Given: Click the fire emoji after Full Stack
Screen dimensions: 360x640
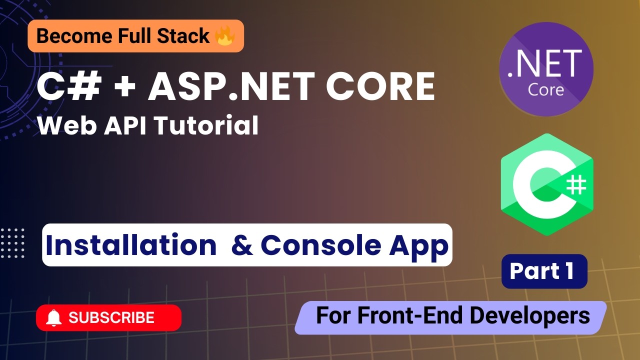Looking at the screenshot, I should (x=224, y=36).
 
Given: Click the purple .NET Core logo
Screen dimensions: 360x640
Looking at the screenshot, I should (x=546, y=69).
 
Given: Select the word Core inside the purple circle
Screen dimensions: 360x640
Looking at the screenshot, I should (x=546, y=89).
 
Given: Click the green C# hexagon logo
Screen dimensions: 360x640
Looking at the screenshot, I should (x=546, y=184).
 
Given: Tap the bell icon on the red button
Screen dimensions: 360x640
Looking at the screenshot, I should (x=53, y=317).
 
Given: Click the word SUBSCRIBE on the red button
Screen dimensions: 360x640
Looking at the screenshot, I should (x=111, y=317).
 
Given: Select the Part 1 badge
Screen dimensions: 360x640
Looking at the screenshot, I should (x=544, y=271).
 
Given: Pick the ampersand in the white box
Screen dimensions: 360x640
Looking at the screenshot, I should (x=242, y=245).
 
